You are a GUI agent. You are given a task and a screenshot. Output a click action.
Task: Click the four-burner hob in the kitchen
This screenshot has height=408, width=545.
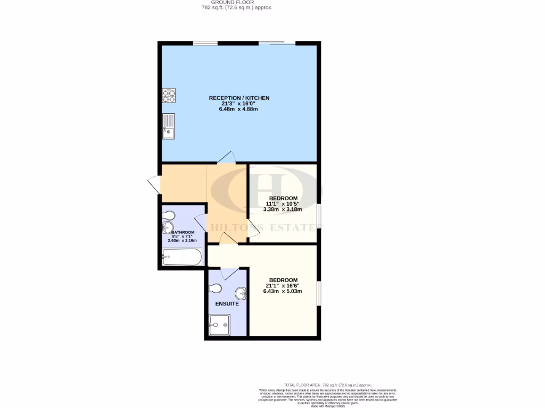pos(169,96)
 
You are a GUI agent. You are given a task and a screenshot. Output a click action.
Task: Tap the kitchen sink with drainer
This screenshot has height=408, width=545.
pos(169,126)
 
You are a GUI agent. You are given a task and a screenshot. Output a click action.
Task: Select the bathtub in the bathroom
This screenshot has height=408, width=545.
pos(183,258)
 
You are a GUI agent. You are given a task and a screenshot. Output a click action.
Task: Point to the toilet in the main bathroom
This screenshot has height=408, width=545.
pos(169,216)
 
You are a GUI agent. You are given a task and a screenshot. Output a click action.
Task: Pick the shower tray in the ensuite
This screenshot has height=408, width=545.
pos(219,325)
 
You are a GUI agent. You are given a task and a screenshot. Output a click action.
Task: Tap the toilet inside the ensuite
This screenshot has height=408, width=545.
pos(215,288)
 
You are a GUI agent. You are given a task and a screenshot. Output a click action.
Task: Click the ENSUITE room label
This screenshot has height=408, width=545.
pos(227,304)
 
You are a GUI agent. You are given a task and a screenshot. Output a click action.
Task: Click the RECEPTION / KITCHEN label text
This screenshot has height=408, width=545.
pos(239,98)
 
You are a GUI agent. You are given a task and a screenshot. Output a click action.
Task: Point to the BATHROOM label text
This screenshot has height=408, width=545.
pos(183,232)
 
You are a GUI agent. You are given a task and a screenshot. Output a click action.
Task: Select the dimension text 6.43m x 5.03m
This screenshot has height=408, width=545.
pos(283,291)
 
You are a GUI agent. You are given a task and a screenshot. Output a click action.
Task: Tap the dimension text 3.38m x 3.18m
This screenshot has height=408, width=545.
pos(284,209)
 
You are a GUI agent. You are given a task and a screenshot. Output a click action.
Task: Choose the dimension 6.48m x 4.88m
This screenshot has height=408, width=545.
pos(238,109)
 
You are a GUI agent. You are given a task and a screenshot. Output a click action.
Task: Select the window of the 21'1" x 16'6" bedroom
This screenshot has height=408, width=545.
pos(319,293)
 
